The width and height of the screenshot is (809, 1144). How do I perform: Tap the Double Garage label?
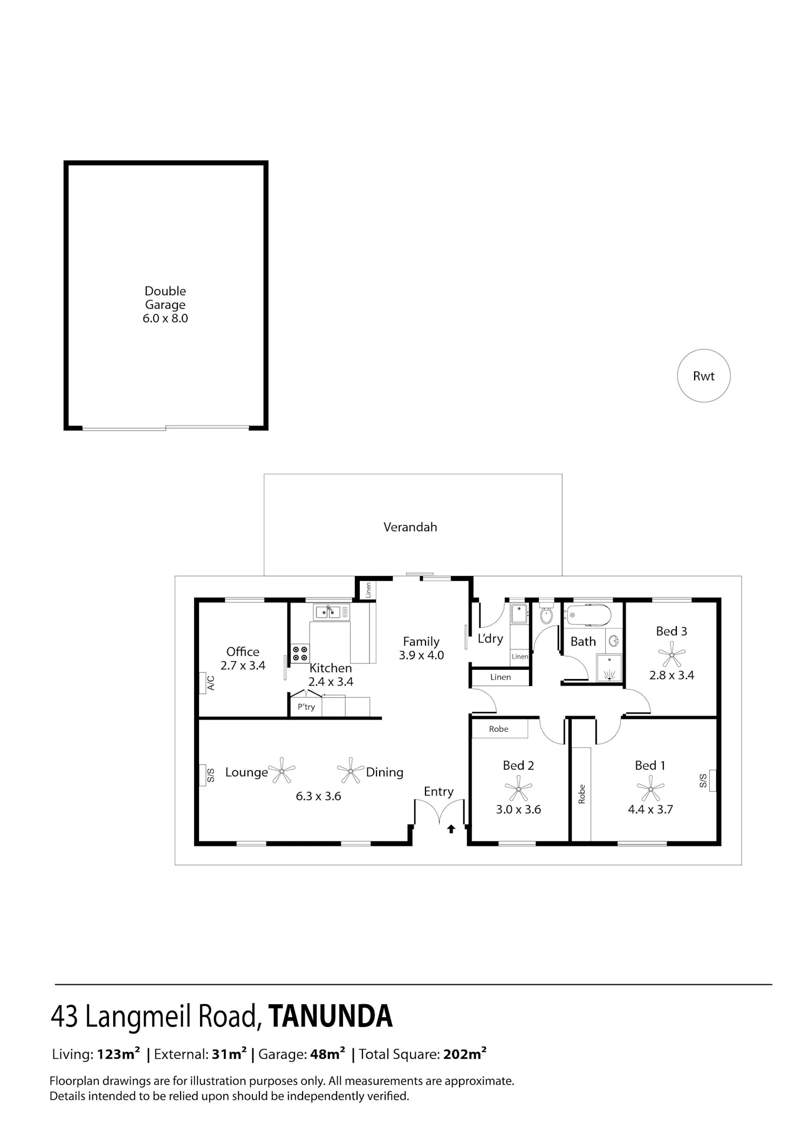click(165, 298)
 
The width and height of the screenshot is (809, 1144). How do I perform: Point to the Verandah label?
click(410, 527)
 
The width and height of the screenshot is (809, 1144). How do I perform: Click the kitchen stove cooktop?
click(300, 654)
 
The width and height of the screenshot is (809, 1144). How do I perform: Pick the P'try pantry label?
click(306, 707)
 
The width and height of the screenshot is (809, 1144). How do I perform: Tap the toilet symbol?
click(546, 613)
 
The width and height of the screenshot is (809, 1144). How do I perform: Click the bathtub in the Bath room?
click(588, 614)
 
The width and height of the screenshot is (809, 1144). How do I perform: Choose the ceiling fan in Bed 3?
click(671, 657)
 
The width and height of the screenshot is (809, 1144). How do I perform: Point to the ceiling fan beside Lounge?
click(282, 771)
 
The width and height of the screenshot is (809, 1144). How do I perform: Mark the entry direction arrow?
click(451, 829)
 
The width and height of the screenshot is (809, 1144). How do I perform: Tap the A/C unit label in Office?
click(211, 683)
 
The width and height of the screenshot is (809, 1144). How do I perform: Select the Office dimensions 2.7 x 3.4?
click(243, 666)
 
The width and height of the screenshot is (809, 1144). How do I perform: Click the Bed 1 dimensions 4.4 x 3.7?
click(650, 809)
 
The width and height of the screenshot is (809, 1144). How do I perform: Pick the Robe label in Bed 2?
click(498, 729)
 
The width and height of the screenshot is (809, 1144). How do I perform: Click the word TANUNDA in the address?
click(330, 1016)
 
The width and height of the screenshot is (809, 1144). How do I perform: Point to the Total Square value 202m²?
click(465, 1054)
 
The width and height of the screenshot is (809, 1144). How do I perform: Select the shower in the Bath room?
click(609, 668)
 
